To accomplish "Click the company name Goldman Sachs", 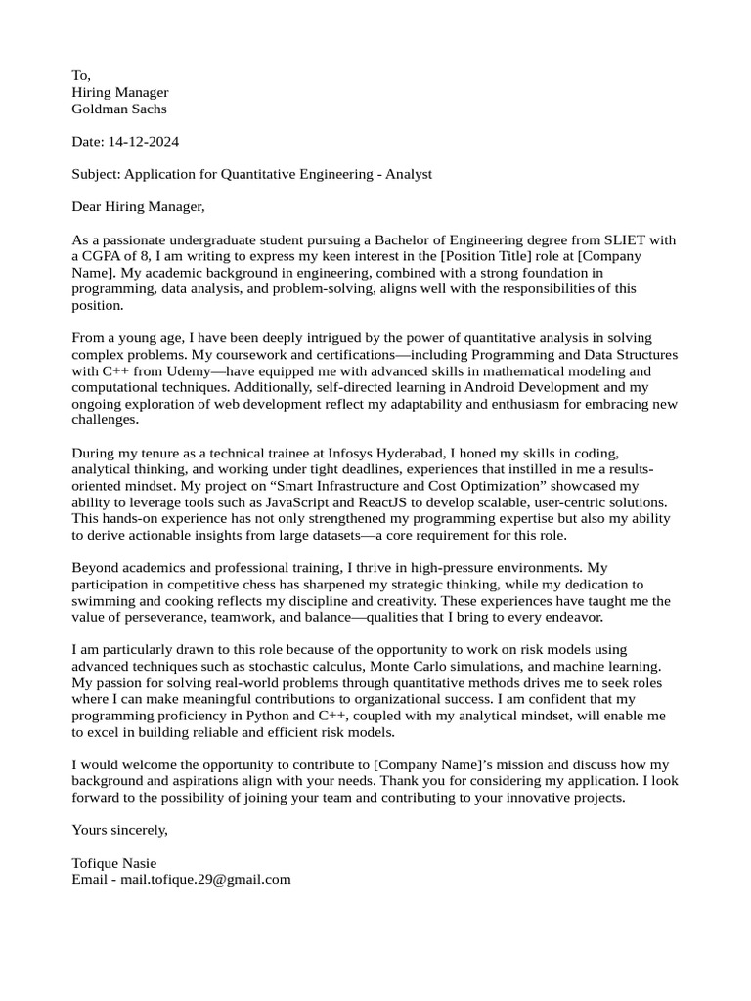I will point(119,109).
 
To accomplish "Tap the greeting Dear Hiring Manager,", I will point(139,207).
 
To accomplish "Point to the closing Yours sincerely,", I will point(120,830).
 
